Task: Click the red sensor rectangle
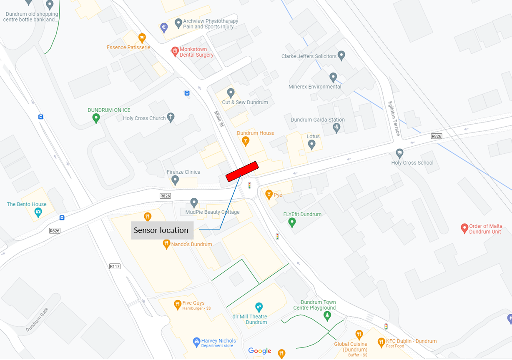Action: [242, 171]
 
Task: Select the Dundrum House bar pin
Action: [246, 142]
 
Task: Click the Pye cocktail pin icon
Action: [269, 195]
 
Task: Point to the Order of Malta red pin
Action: [464, 228]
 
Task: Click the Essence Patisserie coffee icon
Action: [142, 38]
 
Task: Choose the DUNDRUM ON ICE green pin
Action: [96, 118]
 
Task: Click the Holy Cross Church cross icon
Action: [170, 117]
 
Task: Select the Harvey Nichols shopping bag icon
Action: [196, 342]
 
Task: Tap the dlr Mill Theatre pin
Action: [259, 307]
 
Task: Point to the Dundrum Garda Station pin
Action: [337, 128]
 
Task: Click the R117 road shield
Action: [115, 266]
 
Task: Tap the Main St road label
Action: [219, 119]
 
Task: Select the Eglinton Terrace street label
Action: [394, 118]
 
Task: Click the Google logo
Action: [260, 351]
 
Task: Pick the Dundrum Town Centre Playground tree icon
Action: [328, 316]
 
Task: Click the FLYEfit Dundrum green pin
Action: [292, 223]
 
